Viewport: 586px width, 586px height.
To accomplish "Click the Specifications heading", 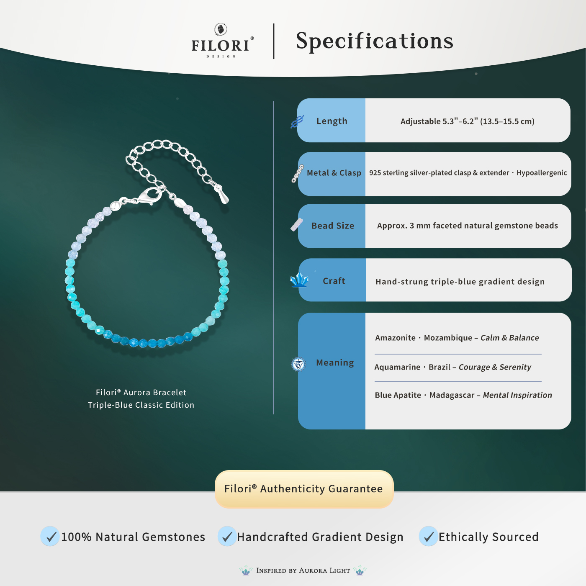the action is [375, 41].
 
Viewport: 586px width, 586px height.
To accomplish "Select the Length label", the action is [332, 121].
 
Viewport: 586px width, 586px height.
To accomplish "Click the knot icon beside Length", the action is [297, 122].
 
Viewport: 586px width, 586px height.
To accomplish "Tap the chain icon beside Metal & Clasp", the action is [298, 174].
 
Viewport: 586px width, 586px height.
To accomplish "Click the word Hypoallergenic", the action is [542, 173].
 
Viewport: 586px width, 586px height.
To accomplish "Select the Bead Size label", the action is [333, 226].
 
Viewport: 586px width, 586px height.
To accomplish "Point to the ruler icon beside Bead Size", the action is [297, 225].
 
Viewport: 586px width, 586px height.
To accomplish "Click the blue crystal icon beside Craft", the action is [299, 280].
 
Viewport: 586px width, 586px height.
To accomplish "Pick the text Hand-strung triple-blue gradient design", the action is [460, 282].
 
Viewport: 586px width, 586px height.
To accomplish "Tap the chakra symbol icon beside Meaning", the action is [298, 364].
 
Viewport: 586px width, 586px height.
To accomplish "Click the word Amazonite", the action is [395, 338].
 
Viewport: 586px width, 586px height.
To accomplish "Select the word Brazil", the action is [439, 367].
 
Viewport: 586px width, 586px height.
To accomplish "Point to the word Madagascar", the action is [452, 395].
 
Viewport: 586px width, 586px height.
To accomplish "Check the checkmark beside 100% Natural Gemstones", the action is [50, 536].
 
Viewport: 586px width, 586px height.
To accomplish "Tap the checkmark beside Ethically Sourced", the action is [428, 536].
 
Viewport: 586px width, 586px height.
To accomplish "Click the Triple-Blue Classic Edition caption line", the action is [141, 405].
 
